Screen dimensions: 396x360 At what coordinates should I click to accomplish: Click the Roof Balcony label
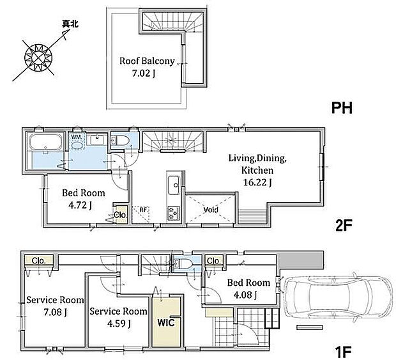coord(147,61)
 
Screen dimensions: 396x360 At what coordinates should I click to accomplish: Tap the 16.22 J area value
coord(257,182)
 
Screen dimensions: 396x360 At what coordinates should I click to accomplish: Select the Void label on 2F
coord(211,210)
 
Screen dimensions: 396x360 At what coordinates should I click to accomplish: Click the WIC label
coord(166,322)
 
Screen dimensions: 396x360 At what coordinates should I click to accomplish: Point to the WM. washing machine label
coord(77,137)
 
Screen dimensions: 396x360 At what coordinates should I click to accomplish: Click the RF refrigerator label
coord(143,210)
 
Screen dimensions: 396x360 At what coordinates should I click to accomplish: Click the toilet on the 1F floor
coord(182,263)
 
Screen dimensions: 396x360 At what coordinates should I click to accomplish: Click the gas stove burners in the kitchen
coord(174,213)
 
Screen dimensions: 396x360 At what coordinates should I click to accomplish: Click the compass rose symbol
coord(38,58)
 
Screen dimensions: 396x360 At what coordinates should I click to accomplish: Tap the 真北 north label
coord(70,24)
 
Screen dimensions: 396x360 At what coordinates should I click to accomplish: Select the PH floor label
coord(342,108)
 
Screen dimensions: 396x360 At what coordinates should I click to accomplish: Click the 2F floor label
coord(344,226)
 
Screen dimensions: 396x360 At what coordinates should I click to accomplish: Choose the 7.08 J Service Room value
coord(56,313)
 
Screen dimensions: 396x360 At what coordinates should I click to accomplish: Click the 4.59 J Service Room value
coord(119,324)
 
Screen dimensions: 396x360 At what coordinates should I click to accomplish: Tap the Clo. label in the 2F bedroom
coord(120,215)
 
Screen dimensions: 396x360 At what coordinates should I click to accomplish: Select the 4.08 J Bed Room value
coord(245,295)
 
